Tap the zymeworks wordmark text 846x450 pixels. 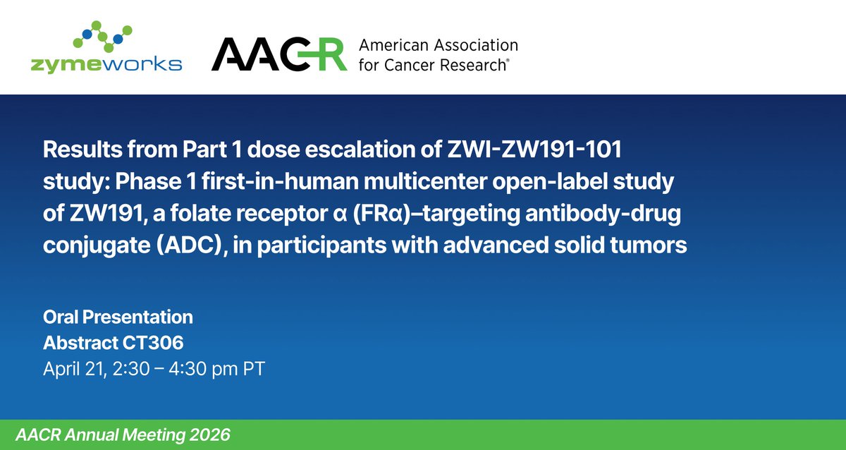[106, 64]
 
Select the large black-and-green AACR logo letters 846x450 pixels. [279, 54]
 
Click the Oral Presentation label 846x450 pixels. [118, 316]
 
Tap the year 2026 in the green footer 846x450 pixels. [209, 432]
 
